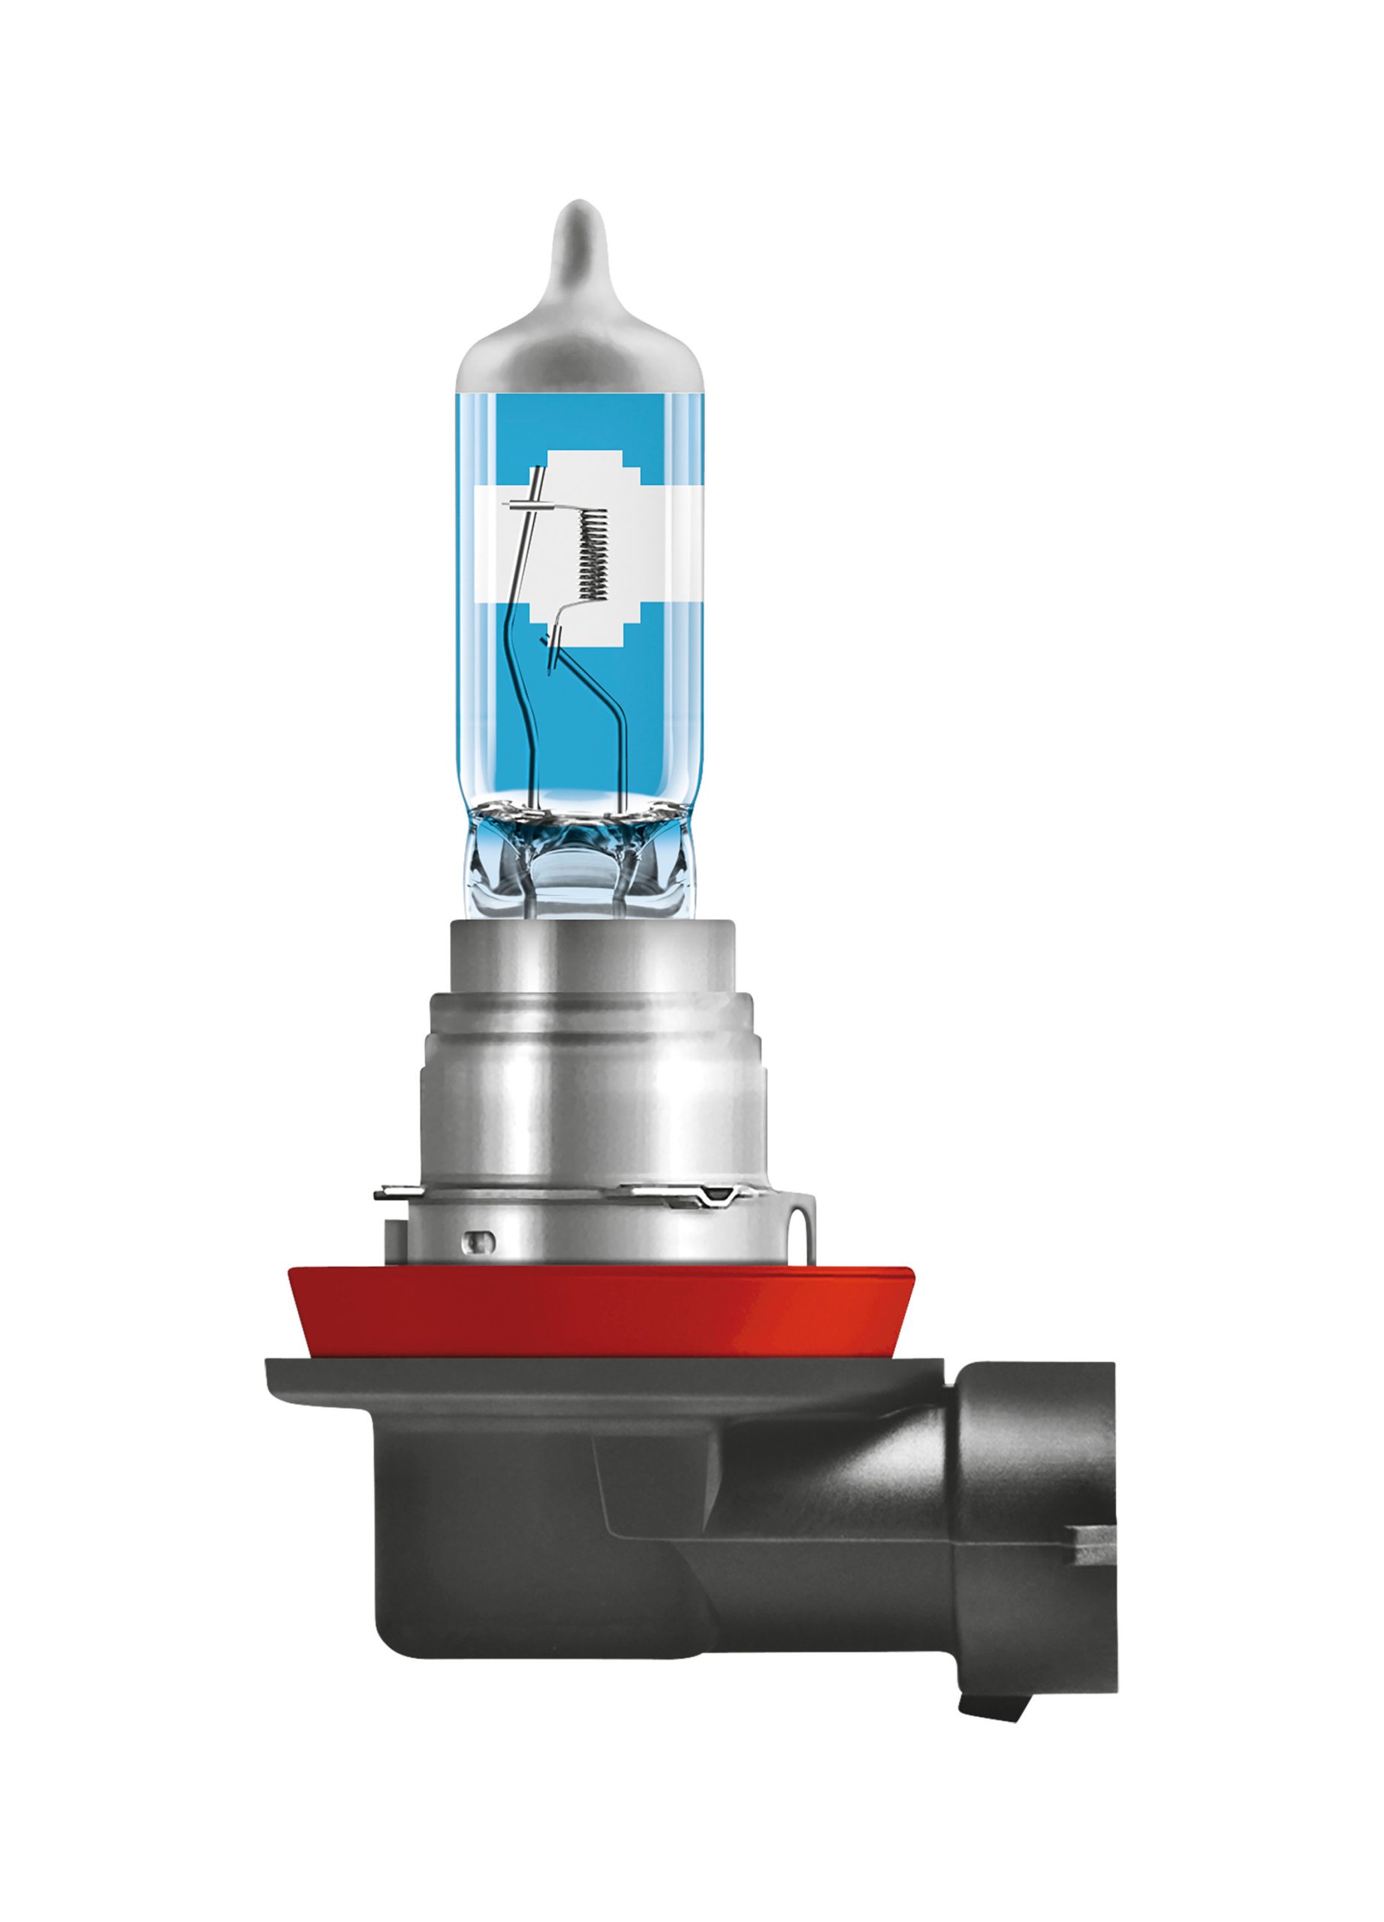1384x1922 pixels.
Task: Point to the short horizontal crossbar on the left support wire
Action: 529,507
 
